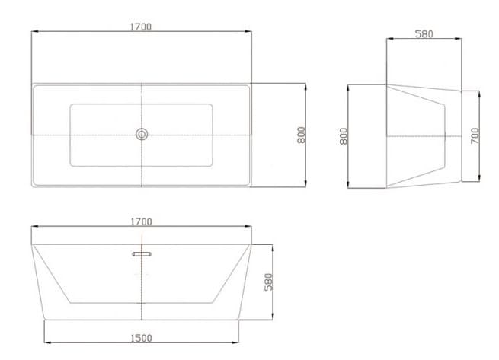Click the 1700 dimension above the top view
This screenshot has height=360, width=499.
coord(140,27)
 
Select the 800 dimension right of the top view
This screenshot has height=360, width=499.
coord(302,135)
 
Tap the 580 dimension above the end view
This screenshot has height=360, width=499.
coord(424,34)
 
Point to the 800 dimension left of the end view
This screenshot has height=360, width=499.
coord(344,136)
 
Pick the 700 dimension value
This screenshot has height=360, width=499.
coord(475,136)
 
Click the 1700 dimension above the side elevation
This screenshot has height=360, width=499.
coord(140,221)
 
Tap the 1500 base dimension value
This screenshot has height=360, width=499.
coord(141,338)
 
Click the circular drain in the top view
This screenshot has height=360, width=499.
coord(141,135)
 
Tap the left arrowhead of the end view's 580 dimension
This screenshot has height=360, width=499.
coord(388,40)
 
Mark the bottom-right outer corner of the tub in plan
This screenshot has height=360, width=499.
coord(251,185)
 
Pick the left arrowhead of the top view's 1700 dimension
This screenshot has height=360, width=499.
coord(33,32)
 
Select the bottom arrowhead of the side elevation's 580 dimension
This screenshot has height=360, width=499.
coord(273,319)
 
